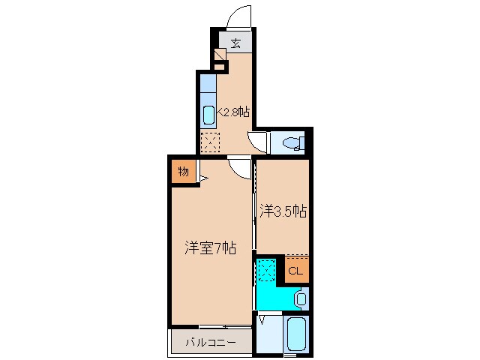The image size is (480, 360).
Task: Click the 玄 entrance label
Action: tap(235, 43)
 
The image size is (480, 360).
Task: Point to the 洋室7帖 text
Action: tap(211, 247)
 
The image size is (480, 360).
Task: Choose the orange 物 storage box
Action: tap(183, 172)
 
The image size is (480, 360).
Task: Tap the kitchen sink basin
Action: tap(208, 115)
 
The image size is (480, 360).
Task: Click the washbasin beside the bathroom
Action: tap(301, 299)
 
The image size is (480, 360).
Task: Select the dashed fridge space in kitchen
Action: tap(211, 141)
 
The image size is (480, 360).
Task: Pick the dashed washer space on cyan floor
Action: tap(265, 269)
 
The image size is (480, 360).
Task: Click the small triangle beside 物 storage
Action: tap(202, 178)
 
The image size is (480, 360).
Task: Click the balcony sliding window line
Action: tap(224, 326)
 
